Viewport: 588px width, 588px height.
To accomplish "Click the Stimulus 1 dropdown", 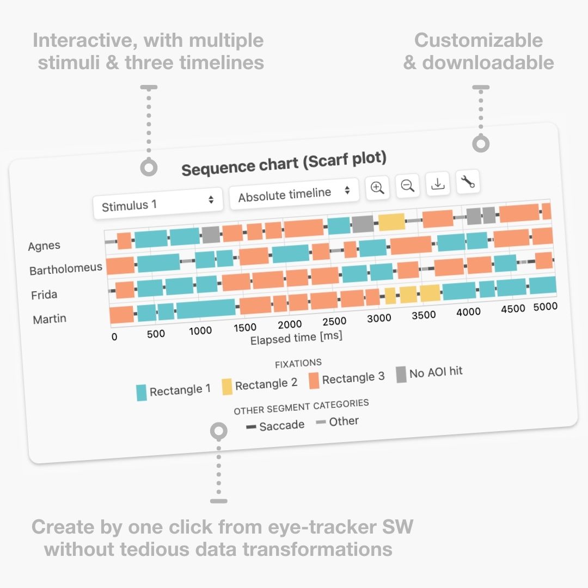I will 158,204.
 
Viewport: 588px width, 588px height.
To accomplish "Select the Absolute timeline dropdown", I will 293,193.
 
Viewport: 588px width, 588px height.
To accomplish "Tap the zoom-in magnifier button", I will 377,188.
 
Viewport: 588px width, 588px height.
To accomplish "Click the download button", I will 437,184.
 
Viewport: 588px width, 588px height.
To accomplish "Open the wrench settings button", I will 467,182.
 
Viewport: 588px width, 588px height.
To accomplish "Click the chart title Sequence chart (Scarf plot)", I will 284,163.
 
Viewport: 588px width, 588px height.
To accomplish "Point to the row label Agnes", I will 44,246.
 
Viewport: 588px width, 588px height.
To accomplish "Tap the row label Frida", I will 44,295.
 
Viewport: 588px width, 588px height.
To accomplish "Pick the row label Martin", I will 50,319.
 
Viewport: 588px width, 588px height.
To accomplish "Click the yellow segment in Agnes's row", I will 391,222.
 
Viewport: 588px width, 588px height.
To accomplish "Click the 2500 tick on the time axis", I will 334,321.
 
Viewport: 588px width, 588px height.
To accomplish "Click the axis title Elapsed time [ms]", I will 296,338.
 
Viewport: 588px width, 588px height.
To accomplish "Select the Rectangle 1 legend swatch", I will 142,392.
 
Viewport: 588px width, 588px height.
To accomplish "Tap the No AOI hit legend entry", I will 429,373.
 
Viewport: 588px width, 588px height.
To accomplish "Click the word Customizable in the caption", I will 479,40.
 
